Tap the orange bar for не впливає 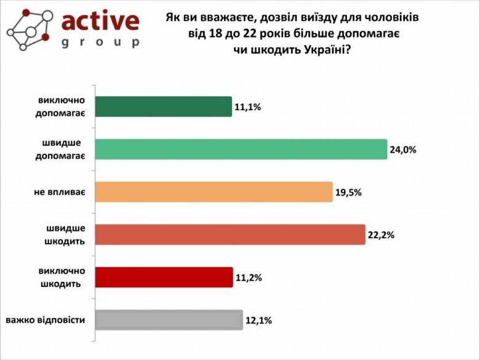(213, 192)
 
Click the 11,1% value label (248, 107)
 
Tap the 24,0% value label (403, 150)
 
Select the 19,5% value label (348, 192)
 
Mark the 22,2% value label (381, 235)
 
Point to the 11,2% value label (249, 278)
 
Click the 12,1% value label (258, 321)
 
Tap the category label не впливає (59, 192)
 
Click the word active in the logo (100, 21)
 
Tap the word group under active (101, 42)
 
